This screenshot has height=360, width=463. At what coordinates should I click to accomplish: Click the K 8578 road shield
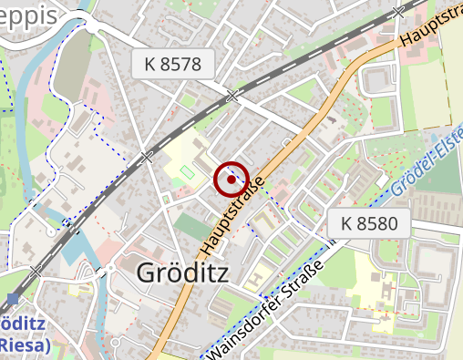[179, 64]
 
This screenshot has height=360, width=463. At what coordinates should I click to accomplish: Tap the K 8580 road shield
[369, 222]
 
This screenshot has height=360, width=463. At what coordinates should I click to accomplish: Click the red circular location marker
[232, 180]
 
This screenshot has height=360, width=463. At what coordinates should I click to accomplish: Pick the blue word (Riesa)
[26, 345]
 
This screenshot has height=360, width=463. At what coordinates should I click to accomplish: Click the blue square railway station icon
[12, 298]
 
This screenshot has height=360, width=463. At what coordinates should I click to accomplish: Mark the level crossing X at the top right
[396, 12]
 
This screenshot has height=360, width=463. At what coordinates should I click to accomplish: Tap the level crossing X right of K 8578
[233, 95]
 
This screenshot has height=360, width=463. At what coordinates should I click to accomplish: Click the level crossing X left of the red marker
[147, 157]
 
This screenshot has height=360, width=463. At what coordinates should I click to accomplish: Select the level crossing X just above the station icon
[36, 271]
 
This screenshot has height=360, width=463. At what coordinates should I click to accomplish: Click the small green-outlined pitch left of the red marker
[188, 172]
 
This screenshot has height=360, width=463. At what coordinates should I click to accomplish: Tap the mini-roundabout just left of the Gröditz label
[110, 268]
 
